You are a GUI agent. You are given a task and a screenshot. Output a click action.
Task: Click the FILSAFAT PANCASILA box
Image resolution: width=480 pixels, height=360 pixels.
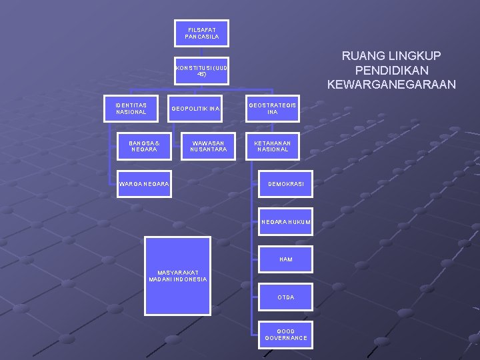point(202,33)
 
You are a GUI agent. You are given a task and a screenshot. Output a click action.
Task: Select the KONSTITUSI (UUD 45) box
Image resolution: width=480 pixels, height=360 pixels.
point(202,71)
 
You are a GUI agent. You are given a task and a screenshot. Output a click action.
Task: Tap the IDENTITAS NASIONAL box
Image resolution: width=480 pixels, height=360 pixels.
point(131,108)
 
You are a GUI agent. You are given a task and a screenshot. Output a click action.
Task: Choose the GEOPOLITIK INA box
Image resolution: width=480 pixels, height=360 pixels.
point(196,109)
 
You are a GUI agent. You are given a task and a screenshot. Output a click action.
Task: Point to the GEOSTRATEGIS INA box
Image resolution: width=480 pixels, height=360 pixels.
point(273,109)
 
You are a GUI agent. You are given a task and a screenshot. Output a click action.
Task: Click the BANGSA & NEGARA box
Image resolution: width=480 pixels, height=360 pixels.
point(143,146)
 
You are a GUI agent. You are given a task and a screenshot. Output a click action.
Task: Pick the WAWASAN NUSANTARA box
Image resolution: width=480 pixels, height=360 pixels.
point(208,146)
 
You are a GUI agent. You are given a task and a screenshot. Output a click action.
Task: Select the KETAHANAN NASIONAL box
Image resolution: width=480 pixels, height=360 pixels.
point(272,146)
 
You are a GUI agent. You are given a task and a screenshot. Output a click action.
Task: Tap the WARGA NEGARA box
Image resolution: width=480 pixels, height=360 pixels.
point(143,183)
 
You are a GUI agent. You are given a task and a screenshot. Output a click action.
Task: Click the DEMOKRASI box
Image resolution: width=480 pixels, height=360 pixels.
point(286,183)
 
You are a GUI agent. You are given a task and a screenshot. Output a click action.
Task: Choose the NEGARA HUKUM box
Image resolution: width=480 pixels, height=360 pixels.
point(286,221)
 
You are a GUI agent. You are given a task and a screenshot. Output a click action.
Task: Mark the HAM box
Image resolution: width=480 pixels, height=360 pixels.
point(286,259)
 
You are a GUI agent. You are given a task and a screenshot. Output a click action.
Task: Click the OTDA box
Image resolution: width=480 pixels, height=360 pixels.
point(286,297)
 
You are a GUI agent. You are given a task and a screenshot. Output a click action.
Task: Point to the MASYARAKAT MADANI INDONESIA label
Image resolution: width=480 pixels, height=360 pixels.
point(178,275)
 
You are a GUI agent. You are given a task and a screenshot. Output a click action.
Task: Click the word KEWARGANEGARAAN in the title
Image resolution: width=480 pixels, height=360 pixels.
point(392,84)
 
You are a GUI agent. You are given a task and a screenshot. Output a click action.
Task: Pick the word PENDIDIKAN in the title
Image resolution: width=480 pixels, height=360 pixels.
point(392,70)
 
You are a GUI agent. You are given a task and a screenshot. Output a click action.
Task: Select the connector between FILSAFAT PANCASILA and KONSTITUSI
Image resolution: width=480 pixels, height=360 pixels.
point(202,52)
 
